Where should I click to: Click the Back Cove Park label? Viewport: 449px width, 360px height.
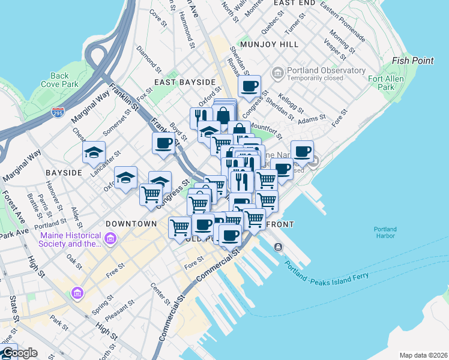coord(60,80)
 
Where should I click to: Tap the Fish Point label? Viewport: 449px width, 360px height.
coord(412,61)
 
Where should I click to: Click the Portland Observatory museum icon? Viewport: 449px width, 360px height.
coord(277,73)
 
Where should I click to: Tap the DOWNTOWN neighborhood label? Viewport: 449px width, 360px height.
coord(130,223)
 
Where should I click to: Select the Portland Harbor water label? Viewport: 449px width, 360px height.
coord(385,232)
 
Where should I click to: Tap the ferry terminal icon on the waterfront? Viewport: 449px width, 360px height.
coord(278,247)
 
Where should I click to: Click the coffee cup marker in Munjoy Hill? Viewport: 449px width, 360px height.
coord(249,85)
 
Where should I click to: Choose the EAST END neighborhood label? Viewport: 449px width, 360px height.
coord(294,3)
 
